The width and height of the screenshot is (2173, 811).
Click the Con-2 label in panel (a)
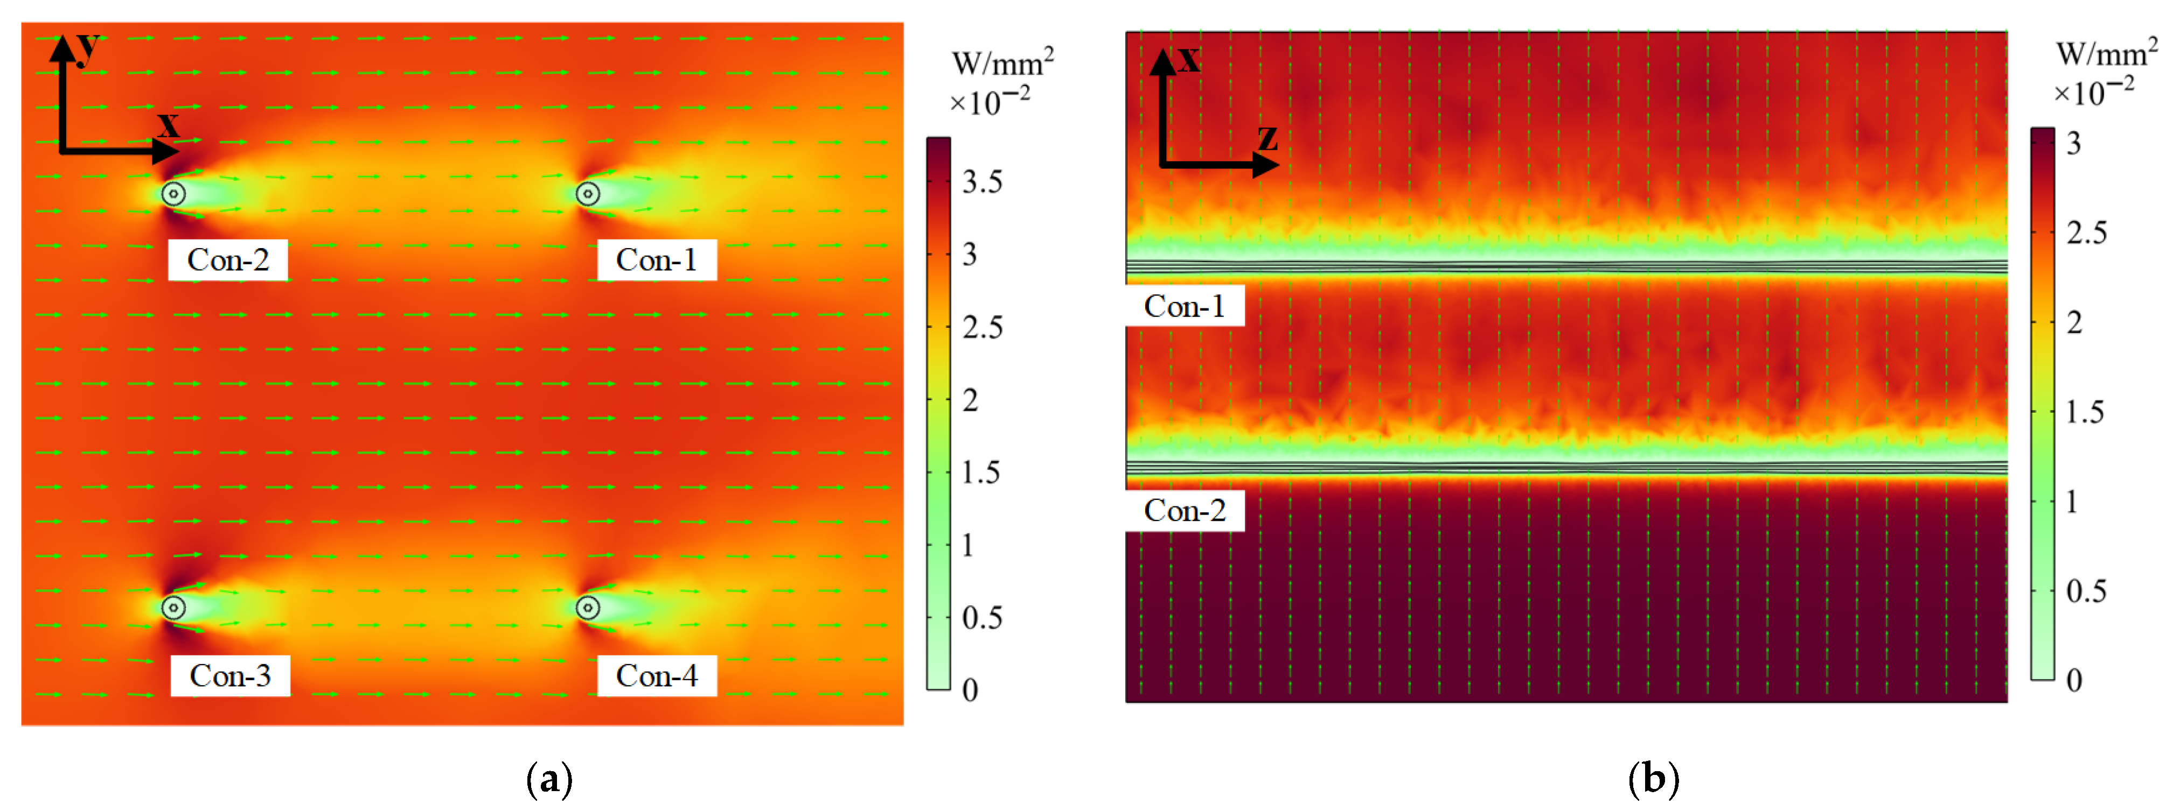click(228, 259)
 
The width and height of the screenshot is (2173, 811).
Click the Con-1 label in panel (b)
click(1185, 306)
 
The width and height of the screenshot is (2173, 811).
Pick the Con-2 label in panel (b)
click(1185, 510)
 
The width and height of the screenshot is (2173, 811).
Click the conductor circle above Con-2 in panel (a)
click(174, 194)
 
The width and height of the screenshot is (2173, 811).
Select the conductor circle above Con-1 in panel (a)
click(588, 194)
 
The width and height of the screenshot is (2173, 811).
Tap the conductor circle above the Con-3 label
click(174, 607)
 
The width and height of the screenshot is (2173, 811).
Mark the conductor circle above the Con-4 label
click(588, 607)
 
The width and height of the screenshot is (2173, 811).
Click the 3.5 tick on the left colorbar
click(982, 182)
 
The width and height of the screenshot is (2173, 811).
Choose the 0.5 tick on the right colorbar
click(2085, 591)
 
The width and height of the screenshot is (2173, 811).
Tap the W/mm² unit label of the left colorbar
click(1002, 62)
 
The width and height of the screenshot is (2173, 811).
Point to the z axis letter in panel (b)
click(1267, 137)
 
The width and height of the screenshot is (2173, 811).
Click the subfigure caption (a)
click(549, 778)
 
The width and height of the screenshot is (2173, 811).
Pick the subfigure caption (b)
click(1653, 778)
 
